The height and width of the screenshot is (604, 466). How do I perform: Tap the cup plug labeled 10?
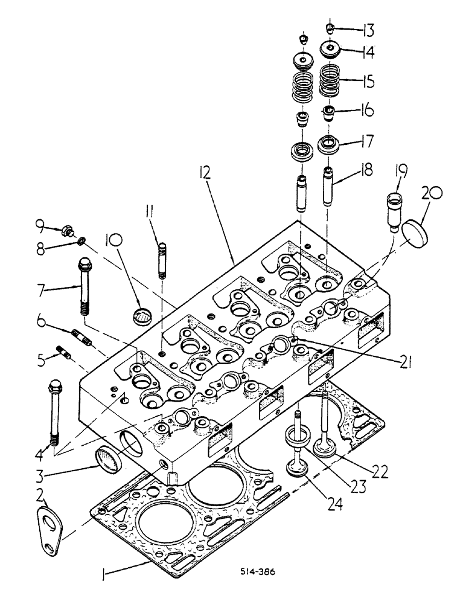tap(143, 316)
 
